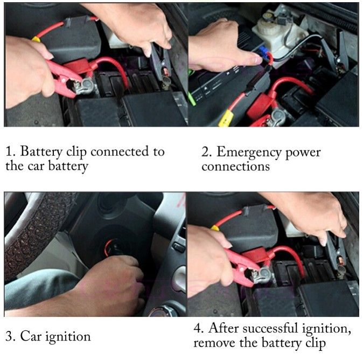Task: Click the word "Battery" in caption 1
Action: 41,152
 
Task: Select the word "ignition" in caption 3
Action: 68,336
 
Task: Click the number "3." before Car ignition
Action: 10,337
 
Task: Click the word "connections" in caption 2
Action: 236,167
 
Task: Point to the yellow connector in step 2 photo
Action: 225,119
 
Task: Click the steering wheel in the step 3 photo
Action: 30,234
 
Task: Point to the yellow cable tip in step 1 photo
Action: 36,39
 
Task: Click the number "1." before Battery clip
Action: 10,152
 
